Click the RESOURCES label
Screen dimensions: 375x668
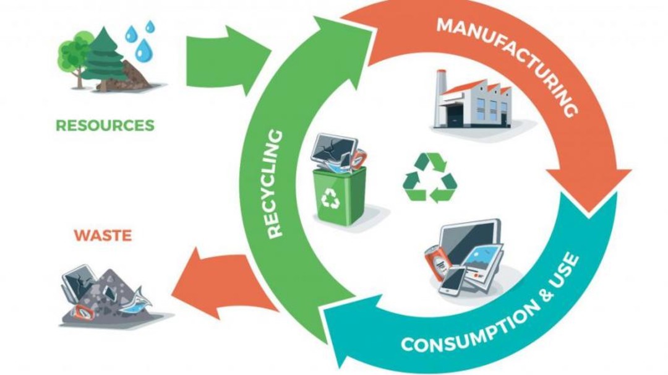(x=105, y=126)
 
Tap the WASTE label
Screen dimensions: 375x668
(x=103, y=236)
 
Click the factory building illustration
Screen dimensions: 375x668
(x=474, y=103)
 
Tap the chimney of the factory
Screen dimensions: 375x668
(x=441, y=90)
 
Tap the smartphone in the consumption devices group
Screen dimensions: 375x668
(x=453, y=281)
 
